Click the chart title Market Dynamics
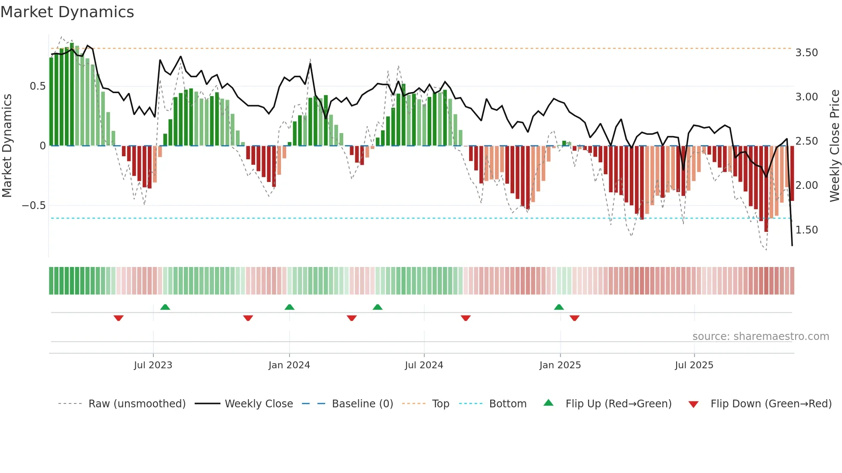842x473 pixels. pyautogui.click(x=67, y=12)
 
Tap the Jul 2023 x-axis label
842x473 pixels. pyautogui.click(x=153, y=365)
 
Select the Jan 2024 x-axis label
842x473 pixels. pyautogui.click(x=289, y=365)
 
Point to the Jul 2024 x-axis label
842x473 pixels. pyautogui.click(x=424, y=365)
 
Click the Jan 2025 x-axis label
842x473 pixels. pyautogui.click(x=560, y=365)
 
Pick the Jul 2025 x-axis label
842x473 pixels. pyautogui.click(x=694, y=365)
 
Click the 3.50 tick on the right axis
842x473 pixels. pyautogui.click(x=806, y=53)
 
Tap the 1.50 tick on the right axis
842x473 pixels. pyautogui.click(x=806, y=230)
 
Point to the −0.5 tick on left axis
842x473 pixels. pyautogui.click(x=34, y=206)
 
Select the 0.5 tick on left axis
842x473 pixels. pyautogui.click(x=37, y=86)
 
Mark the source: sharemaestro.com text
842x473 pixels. pyautogui.click(x=760, y=337)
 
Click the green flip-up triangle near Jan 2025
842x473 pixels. pyautogui.click(x=559, y=307)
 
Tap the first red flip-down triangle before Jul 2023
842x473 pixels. pyautogui.click(x=119, y=318)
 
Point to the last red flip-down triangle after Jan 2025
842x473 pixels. pyautogui.click(x=575, y=318)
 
